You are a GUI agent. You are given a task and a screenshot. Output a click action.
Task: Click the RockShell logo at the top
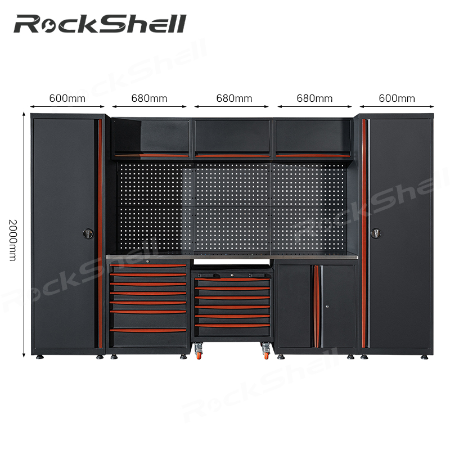click(100, 24)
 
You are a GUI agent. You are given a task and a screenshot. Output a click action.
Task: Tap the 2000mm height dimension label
click(13, 240)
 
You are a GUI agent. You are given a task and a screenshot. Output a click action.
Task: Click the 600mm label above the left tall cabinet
click(67, 98)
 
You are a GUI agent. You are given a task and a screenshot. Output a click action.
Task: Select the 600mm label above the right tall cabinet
click(397, 98)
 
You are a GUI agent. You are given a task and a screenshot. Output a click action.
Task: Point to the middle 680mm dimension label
click(234, 98)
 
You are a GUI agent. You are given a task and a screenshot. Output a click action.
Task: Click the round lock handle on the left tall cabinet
click(88, 233)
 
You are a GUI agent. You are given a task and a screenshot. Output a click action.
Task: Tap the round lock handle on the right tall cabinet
click(376, 233)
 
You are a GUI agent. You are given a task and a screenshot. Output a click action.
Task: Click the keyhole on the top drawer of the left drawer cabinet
click(148, 261)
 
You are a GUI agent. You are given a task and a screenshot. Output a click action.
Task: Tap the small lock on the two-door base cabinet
click(327, 307)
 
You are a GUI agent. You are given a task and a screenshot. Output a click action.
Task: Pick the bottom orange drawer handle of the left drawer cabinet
click(148, 331)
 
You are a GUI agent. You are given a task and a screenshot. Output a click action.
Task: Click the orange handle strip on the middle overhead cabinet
click(232, 156)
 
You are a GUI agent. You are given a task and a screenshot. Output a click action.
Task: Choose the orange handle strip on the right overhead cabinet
click(313, 156)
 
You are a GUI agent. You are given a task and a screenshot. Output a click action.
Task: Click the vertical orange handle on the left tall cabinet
click(100, 233)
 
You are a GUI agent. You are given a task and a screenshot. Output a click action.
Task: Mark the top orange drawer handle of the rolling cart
click(232, 279)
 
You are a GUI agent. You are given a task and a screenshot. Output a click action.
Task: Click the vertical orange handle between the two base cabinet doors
click(316, 306)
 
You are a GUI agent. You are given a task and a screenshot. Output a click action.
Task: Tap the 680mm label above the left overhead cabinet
click(149, 98)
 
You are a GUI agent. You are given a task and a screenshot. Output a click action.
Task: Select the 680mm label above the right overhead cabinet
click(314, 98)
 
